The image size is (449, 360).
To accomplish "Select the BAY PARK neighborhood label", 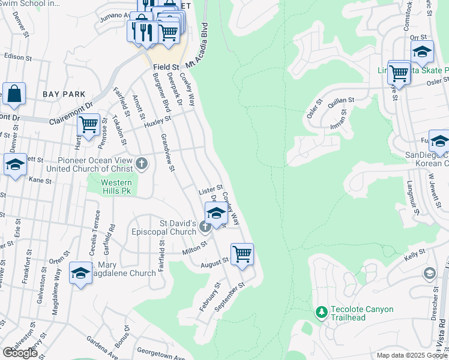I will [x=64, y=94].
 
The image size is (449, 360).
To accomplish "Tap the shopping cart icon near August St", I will [x=242, y=253].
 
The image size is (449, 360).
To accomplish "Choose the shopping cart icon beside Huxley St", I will [x=89, y=124].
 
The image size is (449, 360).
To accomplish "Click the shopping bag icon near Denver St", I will [x=14, y=94].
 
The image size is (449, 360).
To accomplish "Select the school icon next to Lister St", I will [x=216, y=212].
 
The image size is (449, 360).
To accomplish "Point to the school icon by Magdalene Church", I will [x=80, y=273].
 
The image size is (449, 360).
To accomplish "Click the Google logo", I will [x=20, y=353].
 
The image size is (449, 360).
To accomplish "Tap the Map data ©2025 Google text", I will [x=412, y=355].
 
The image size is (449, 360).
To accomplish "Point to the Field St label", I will [x=166, y=67].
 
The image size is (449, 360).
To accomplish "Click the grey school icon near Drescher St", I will [x=429, y=274].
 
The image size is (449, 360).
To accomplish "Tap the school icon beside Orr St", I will [x=422, y=52].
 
